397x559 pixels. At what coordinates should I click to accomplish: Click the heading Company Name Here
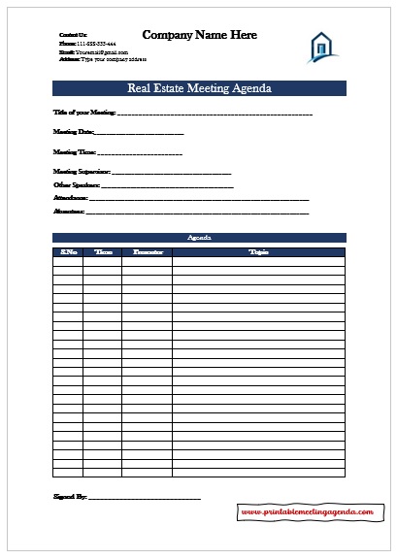[x=199, y=35]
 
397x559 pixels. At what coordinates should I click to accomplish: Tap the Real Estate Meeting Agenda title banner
[x=199, y=89]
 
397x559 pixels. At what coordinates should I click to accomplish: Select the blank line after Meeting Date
[x=140, y=133]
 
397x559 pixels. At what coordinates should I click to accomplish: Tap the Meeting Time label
[x=74, y=152]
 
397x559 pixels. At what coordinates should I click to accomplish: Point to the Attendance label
[x=71, y=197]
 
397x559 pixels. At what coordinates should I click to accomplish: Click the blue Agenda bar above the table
[x=199, y=237]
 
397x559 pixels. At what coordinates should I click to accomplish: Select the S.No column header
[x=68, y=252]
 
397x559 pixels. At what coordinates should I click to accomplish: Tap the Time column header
[x=102, y=252]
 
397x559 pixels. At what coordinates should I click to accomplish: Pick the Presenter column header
[x=147, y=252]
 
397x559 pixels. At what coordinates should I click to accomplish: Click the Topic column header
[x=258, y=252]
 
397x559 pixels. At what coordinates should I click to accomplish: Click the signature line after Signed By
[x=145, y=498]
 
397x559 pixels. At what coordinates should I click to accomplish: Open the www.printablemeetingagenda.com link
[x=307, y=510]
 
